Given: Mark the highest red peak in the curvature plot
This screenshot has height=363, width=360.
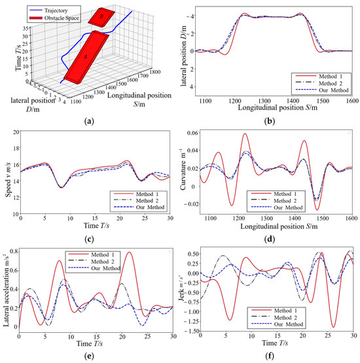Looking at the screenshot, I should coord(245,134).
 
